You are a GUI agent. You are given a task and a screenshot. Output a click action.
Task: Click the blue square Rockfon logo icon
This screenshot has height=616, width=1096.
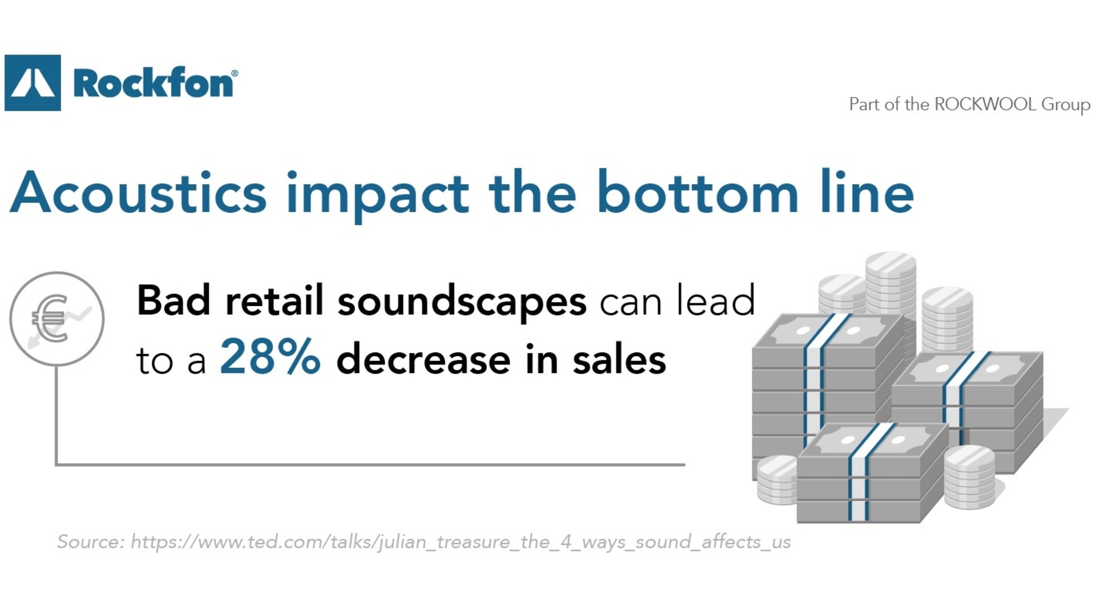tap(33, 83)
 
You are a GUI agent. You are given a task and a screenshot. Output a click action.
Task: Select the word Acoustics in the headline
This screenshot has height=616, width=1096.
tap(138, 192)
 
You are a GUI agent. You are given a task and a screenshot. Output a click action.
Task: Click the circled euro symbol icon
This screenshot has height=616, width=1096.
tap(57, 319)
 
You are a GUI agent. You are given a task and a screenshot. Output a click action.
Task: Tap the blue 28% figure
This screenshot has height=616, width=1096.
tap(270, 356)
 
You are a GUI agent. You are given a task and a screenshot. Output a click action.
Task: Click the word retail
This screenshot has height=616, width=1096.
tap(275, 300)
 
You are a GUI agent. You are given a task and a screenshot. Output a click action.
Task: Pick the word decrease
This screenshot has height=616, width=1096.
tap(424, 359)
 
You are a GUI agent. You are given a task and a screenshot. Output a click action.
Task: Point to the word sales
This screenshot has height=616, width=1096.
tap(619, 359)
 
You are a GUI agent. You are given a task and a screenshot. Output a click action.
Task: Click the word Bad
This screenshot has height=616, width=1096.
tap(174, 300)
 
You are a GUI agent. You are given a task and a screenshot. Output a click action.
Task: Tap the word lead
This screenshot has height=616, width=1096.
tap(716, 300)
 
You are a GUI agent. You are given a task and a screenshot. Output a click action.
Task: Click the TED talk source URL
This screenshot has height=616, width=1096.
tap(461, 542)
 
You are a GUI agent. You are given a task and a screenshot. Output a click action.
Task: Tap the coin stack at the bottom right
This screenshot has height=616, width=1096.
tap(969, 477)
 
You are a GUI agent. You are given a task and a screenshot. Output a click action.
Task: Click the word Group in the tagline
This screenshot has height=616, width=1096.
tap(1066, 105)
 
